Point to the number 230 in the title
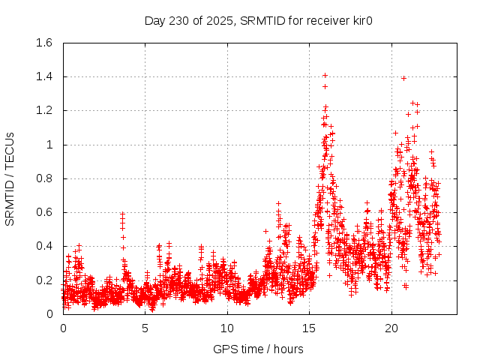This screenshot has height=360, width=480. pyautogui.click(x=182, y=20)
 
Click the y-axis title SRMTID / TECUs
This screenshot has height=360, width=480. pyautogui.click(x=10, y=178)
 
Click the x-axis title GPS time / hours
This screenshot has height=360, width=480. pyautogui.click(x=258, y=349)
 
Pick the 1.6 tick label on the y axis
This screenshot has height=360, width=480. pyautogui.click(x=43, y=43)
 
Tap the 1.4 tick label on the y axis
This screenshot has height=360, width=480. pyautogui.click(x=43, y=76)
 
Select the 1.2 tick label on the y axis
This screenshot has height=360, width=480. pyautogui.click(x=43, y=110)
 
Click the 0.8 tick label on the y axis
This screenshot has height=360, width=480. pyautogui.click(x=43, y=178)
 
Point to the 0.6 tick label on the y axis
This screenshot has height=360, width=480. pyautogui.click(x=43, y=212)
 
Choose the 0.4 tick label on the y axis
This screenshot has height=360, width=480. pyautogui.click(x=43, y=246)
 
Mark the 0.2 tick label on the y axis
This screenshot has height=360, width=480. pyautogui.click(x=43, y=280)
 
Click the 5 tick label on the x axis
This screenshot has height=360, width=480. pyautogui.click(x=145, y=328)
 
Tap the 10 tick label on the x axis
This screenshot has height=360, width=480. pyautogui.click(x=227, y=328)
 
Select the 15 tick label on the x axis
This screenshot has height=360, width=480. pyautogui.click(x=309, y=328)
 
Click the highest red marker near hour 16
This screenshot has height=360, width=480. pyautogui.click(x=325, y=75)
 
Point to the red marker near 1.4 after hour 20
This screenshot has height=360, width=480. pyautogui.click(x=403, y=78)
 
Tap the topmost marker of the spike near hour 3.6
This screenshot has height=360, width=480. pyautogui.click(x=122, y=214)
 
